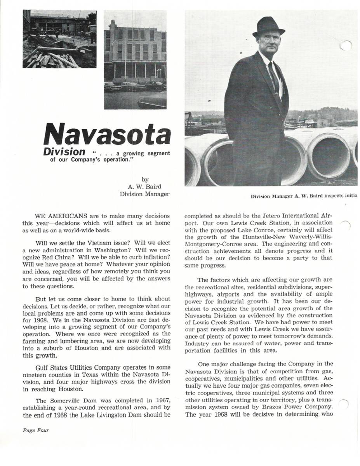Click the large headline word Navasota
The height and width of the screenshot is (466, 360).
pyautogui.click(x=107, y=134)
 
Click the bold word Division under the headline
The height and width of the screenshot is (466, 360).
pyautogui.click(x=64, y=151)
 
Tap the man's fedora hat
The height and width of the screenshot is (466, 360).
pyautogui.click(x=268, y=27)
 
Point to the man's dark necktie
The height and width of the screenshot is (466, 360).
pyautogui.click(x=273, y=76)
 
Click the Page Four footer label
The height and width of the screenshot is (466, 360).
pyautogui.click(x=36, y=430)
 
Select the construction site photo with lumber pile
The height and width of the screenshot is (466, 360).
pyautogui.click(x=59, y=39)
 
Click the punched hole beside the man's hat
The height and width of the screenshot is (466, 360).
pyautogui.click(x=346, y=46)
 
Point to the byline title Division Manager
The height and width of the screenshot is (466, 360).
pyautogui.click(x=144, y=194)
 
